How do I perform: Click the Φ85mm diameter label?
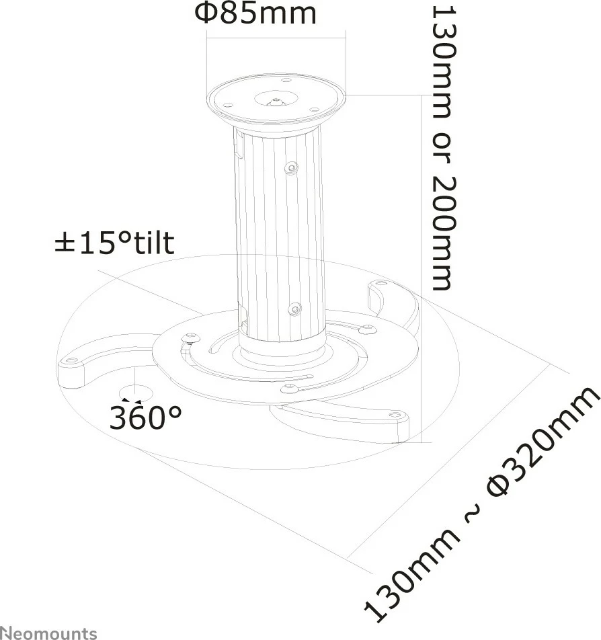coord(255,13)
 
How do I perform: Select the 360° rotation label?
coord(146,418)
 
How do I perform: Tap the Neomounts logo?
coord(48,632)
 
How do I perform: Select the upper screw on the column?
coord(290,167)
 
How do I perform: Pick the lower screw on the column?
coord(294,309)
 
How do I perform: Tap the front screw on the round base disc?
coord(289,387)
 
